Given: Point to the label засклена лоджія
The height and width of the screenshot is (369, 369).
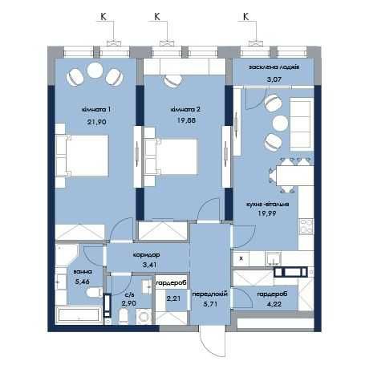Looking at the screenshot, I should click(x=274, y=68).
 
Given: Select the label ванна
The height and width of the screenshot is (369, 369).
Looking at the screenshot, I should click(x=83, y=273).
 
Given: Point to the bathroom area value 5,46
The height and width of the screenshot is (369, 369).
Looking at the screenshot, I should click(x=83, y=283).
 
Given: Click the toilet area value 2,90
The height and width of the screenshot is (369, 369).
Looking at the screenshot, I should click(x=128, y=305).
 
